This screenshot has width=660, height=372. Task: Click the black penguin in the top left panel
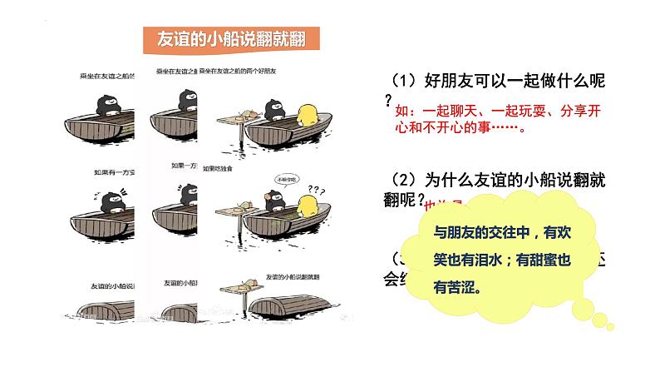pos(107,105)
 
